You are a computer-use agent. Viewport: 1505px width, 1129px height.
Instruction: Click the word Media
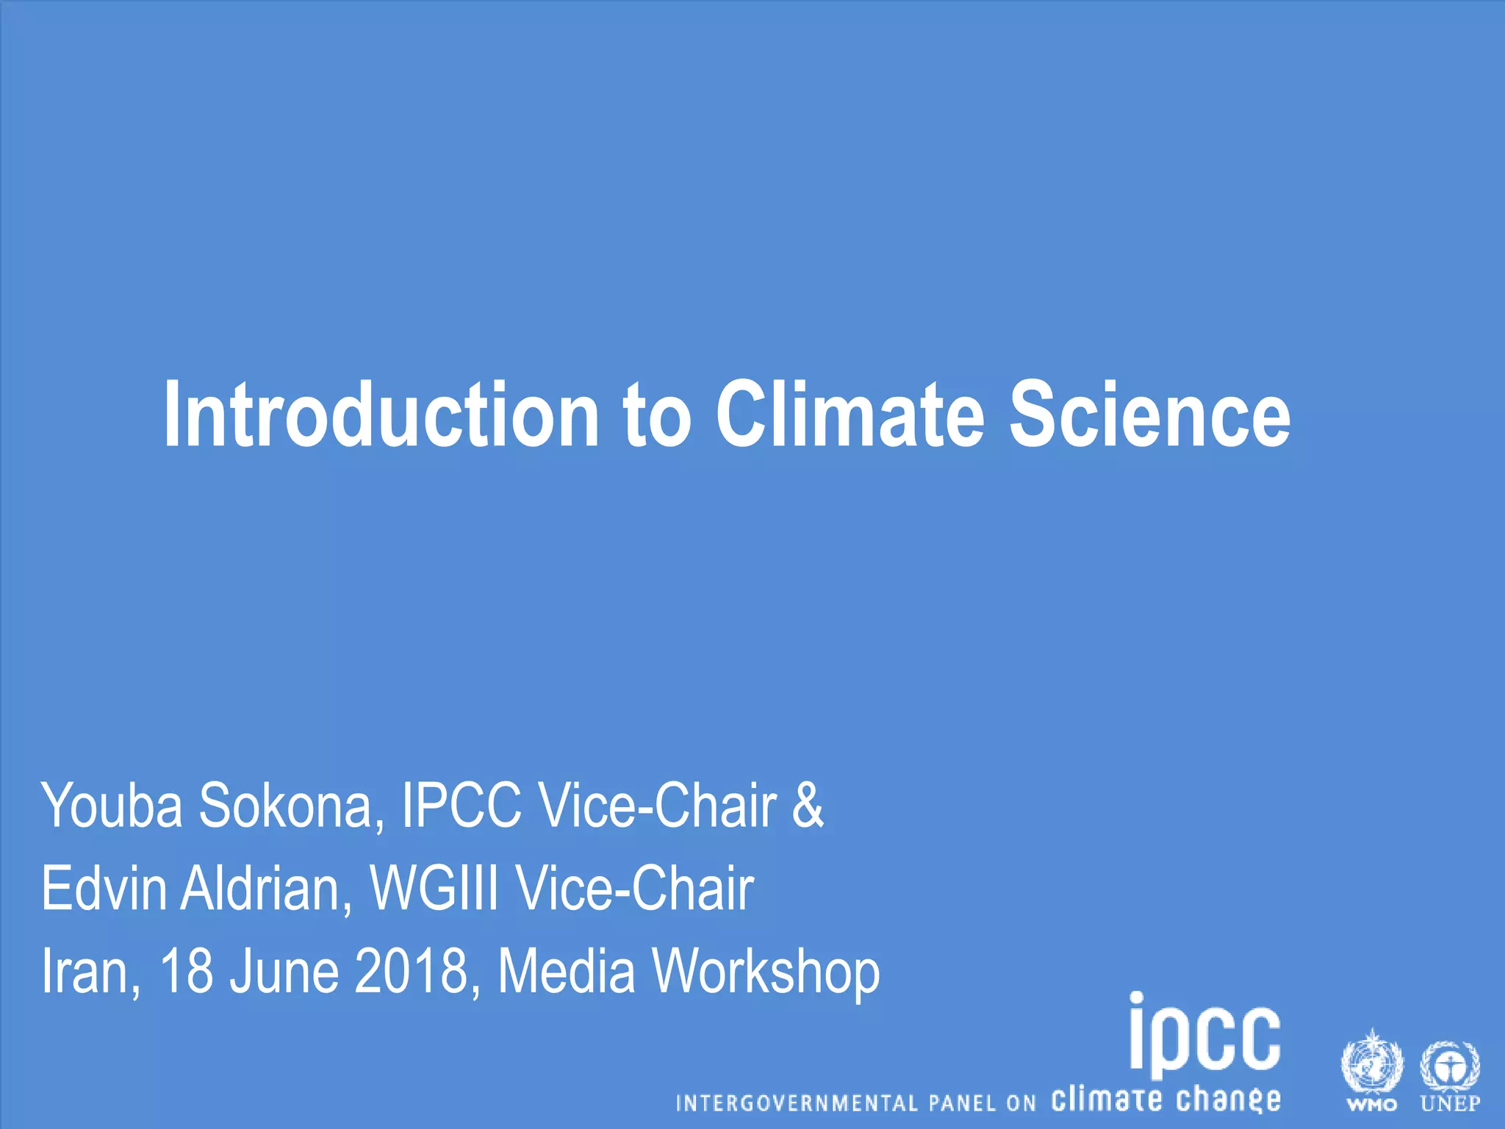point(566,971)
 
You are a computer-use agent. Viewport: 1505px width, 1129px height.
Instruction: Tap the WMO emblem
point(1371,1069)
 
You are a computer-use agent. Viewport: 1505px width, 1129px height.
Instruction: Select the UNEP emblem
point(1450,1069)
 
